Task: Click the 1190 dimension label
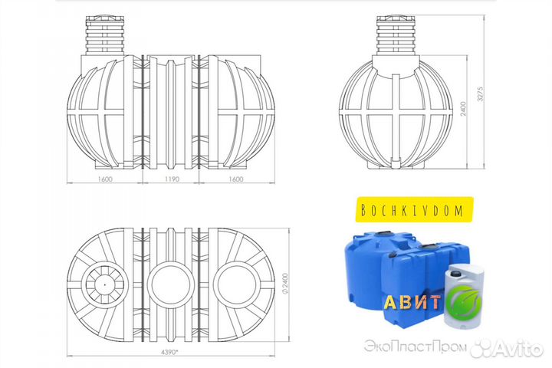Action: (172, 179)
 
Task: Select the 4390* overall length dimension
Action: (169, 351)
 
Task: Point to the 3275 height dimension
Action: (481, 94)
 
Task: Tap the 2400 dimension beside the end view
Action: (464, 109)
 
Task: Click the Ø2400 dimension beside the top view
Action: (285, 284)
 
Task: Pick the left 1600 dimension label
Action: (105, 179)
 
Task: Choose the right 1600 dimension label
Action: (236, 179)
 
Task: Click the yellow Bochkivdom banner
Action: (414, 209)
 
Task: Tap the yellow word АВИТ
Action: (412, 302)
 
